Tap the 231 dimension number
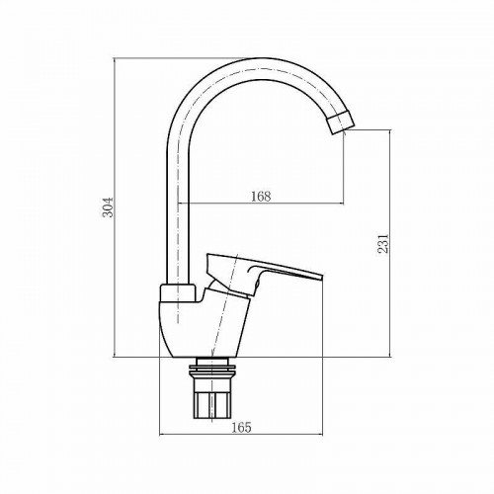(x=383, y=243)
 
